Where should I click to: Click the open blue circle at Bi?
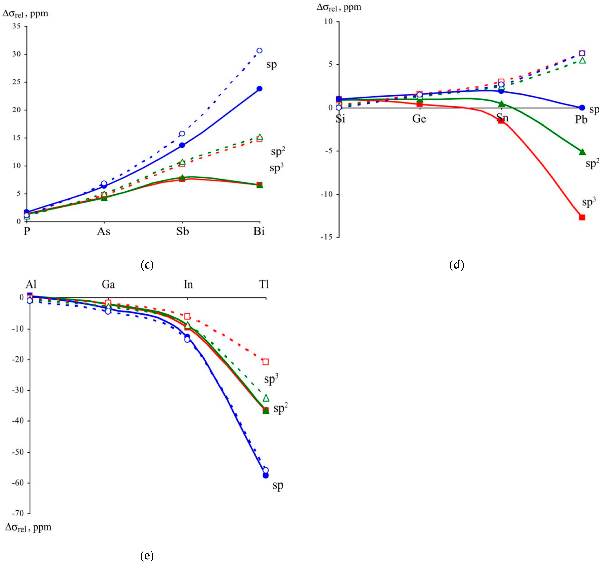(259, 50)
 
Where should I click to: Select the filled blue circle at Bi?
(259, 89)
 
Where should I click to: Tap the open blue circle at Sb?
(182, 134)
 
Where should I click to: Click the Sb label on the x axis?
(183, 232)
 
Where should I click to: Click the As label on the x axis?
(103, 232)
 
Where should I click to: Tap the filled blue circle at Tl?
(266, 475)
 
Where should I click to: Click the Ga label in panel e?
(108, 284)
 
